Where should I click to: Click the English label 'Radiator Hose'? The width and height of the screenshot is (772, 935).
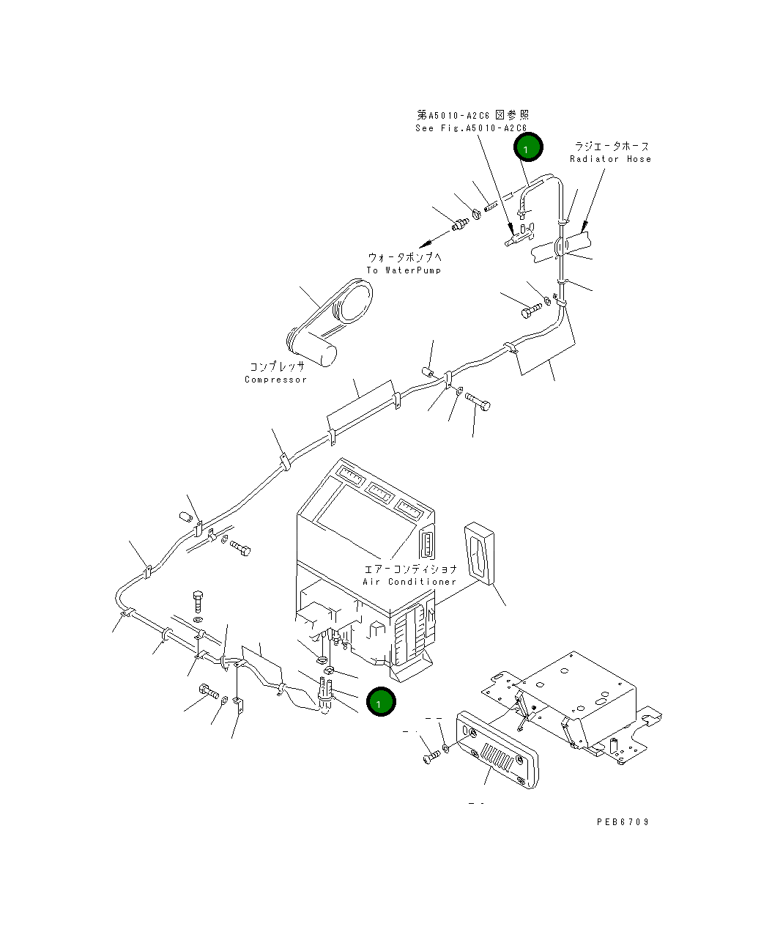610,159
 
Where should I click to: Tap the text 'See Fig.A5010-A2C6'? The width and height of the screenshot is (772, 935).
471,128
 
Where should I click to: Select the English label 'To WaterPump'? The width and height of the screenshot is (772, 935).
404,270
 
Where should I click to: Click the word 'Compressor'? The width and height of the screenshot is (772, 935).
275,380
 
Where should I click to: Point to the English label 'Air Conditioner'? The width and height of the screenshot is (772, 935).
409,582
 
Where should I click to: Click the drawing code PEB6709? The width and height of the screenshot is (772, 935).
623,821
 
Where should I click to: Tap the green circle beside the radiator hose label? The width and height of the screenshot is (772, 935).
528,147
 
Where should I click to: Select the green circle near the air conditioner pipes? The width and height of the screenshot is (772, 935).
381,701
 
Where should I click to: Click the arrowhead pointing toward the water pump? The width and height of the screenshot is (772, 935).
425,245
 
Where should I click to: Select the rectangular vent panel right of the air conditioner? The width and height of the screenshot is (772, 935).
479,554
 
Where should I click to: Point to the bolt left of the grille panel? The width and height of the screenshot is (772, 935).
431,757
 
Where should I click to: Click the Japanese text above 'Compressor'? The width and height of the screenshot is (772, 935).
277,366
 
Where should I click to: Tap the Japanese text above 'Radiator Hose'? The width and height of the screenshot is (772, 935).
612,146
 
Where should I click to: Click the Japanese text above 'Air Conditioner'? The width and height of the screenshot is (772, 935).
410,569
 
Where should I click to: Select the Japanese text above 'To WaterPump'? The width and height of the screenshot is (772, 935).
404,257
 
